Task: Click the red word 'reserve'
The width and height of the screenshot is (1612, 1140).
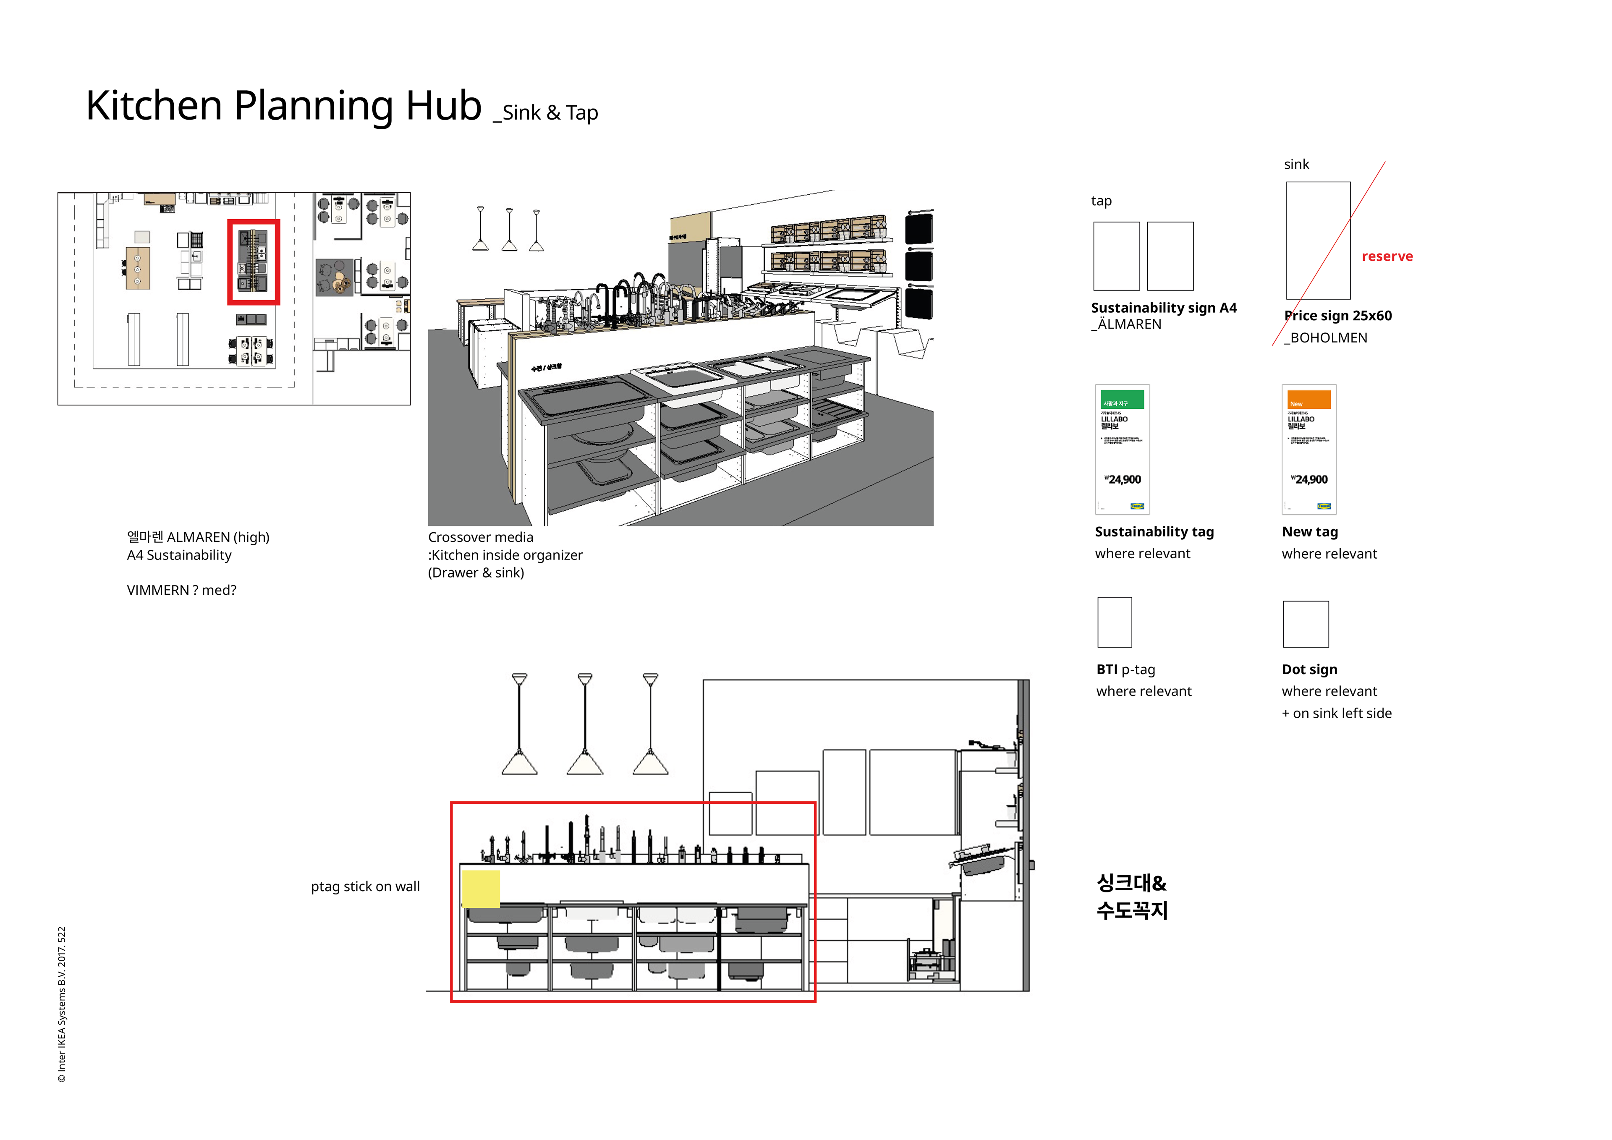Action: click(x=1387, y=256)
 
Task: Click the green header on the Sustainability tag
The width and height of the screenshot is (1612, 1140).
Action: click(x=1122, y=400)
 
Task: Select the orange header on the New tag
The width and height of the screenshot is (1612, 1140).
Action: click(x=1308, y=400)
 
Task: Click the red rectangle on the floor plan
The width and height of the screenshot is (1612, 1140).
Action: click(x=254, y=262)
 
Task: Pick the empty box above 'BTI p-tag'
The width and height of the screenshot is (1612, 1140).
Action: click(x=1114, y=622)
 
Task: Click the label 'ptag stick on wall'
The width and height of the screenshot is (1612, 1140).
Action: click(x=365, y=886)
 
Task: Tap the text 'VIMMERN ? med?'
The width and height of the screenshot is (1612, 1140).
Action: click(x=181, y=590)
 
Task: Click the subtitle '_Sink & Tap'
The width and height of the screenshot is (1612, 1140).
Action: click(x=546, y=113)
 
